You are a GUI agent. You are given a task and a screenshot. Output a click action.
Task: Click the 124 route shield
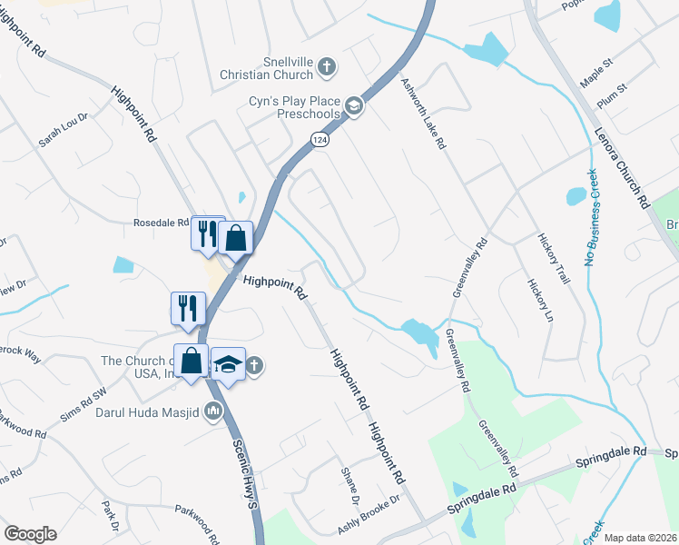point(319,141)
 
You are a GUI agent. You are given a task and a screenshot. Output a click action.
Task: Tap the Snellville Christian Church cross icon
point(327,66)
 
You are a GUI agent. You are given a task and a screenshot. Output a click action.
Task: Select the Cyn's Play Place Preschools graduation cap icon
point(353,108)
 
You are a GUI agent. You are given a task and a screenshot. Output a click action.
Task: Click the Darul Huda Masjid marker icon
point(214,411)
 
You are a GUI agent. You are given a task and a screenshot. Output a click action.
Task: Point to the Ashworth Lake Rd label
point(424,114)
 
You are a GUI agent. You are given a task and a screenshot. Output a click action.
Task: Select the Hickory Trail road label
point(551,257)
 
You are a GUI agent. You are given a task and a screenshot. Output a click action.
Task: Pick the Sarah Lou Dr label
point(63,130)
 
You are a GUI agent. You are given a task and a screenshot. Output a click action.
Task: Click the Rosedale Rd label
point(161,223)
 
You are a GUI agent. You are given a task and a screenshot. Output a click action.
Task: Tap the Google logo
point(30,534)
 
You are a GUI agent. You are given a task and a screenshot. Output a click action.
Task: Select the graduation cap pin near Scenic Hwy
point(228,364)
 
